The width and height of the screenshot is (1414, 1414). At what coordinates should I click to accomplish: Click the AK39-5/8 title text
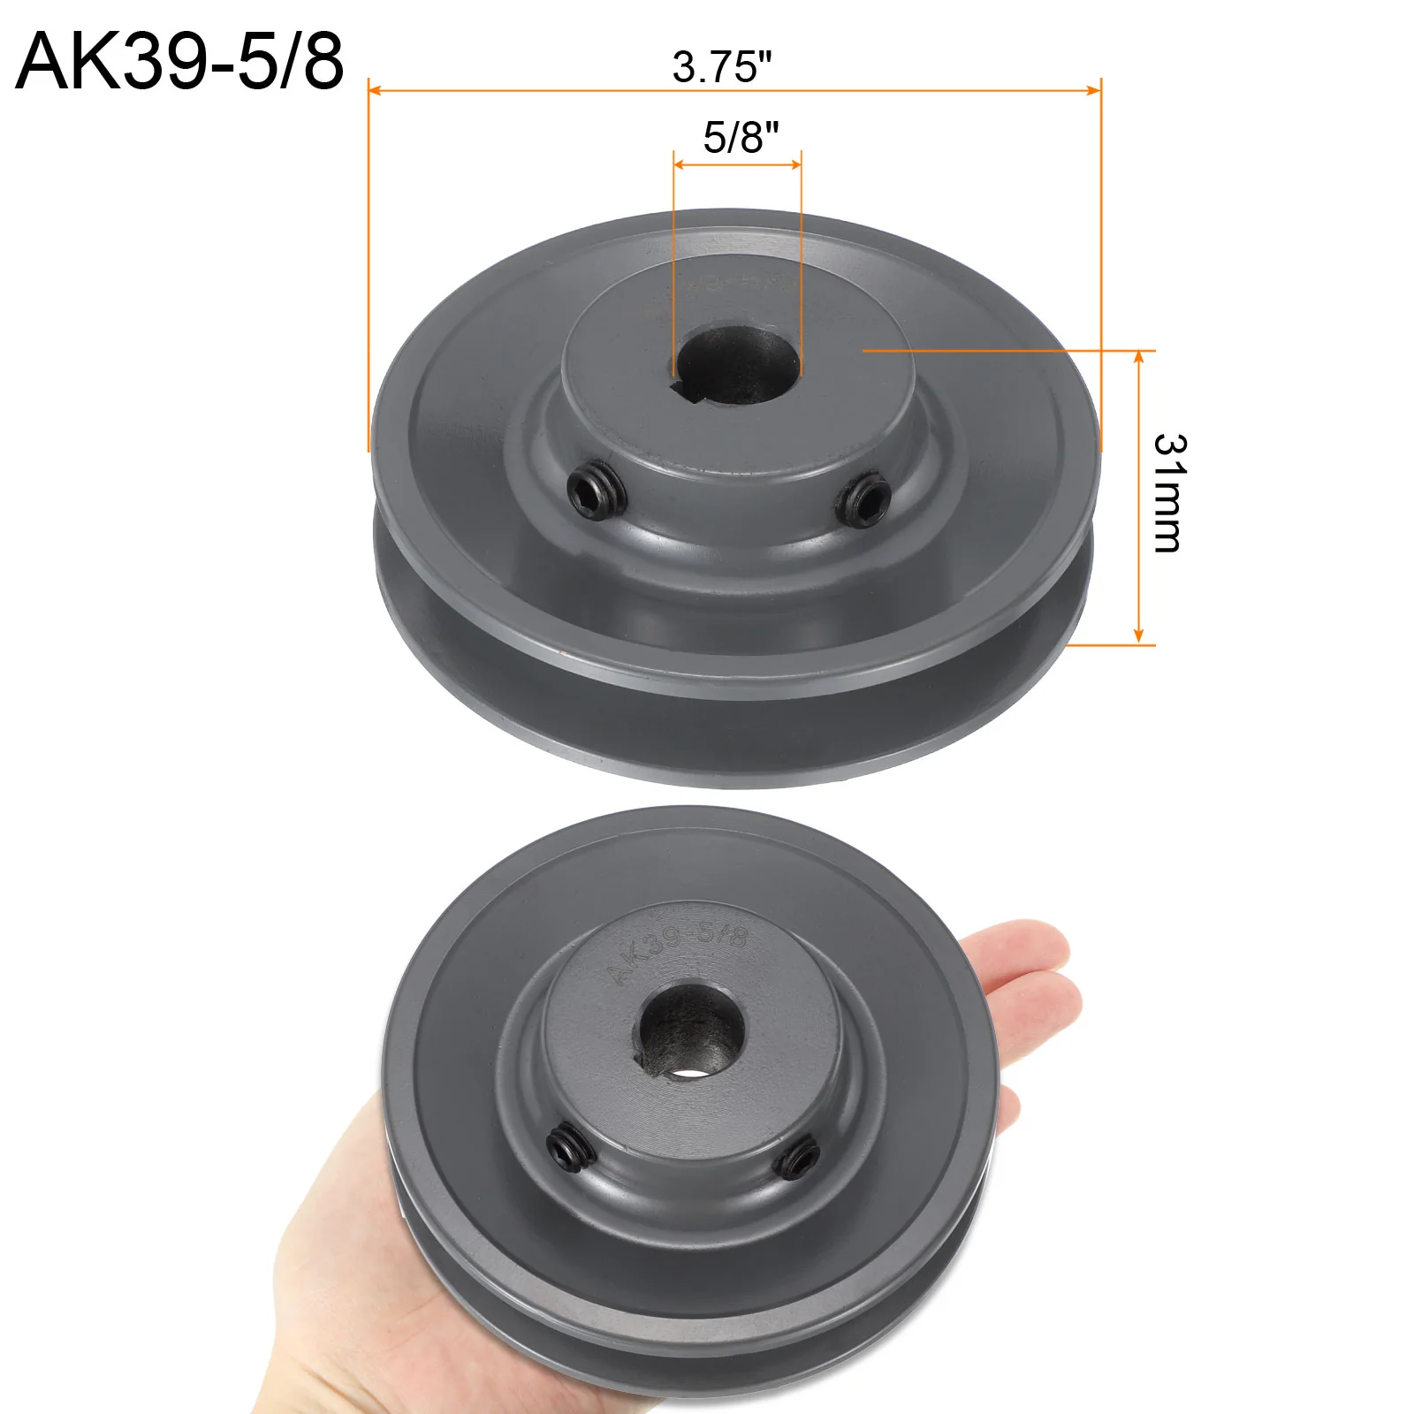coord(179,61)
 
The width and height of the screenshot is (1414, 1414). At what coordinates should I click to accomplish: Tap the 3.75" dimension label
coord(721,67)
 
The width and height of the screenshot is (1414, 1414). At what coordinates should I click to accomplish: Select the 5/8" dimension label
coord(741,137)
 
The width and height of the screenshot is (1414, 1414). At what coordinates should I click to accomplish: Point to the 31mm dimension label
coord(1169,493)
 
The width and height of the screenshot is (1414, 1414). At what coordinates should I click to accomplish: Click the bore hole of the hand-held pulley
coord(690,1031)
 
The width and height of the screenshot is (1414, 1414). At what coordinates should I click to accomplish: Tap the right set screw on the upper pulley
coord(863,499)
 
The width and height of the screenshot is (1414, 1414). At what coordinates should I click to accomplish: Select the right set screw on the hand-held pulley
coord(800,1158)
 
